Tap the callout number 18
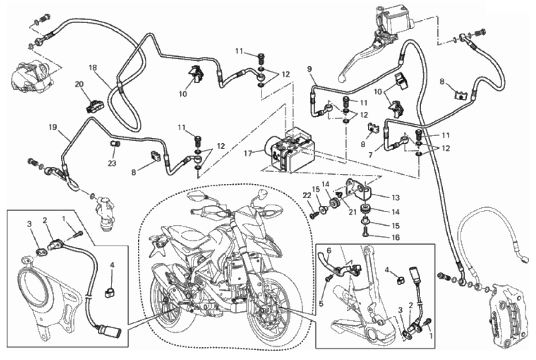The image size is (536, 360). [93, 68]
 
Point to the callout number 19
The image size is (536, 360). [54, 127]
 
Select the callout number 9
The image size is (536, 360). [309, 69]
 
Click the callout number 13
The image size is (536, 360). [395, 197]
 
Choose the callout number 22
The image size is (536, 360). [307, 196]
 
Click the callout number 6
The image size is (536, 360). [329, 250]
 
